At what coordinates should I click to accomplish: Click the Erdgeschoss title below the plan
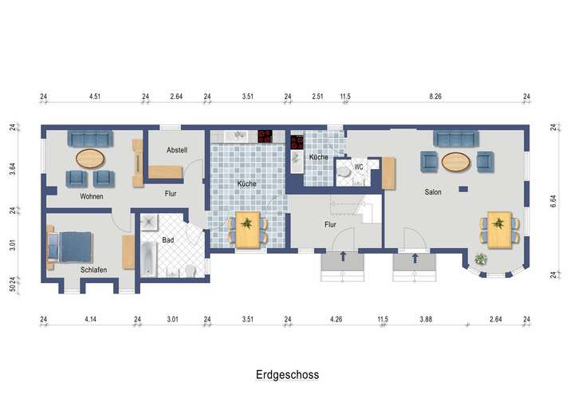(x=288, y=373)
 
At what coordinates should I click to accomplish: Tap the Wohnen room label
(x=91, y=196)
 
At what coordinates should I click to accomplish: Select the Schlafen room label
(x=93, y=270)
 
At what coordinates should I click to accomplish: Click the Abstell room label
(x=177, y=150)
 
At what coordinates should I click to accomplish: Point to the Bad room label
(x=168, y=239)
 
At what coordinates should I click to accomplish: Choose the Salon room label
(x=433, y=191)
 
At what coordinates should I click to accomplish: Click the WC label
(x=360, y=167)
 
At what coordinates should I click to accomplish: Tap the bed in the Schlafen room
(x=71, y=246)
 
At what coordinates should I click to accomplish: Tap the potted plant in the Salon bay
(x=481, y=258)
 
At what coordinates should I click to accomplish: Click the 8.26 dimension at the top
(x=434, y=97)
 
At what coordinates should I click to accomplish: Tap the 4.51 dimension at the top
(x=93, y=97)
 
